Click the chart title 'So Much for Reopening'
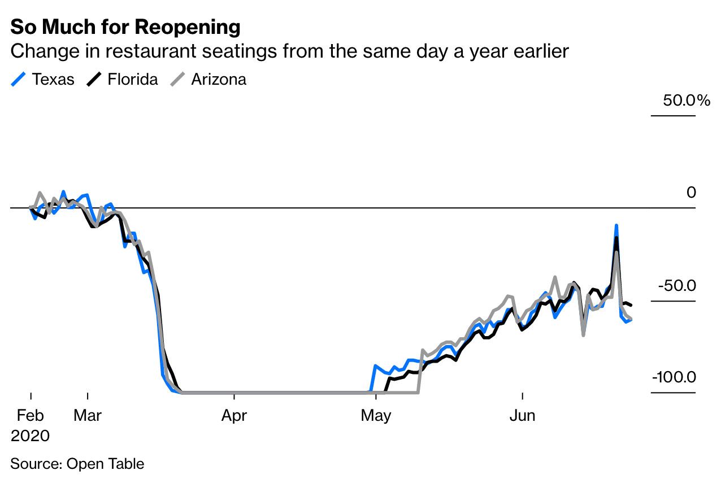click(125, 27)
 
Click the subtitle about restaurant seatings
click(289, 51)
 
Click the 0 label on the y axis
click(691, 193)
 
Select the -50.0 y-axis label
click(676, 286)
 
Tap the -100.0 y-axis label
click(674, 377)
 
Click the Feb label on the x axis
click(31, 416)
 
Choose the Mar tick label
click(88, 416)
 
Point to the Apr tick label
click(234, 416)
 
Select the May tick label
click(376, 416)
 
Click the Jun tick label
click(523, 416)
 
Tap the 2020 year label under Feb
click(31, 436)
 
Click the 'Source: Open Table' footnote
click(77, 464)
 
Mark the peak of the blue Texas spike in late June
click(616, 225)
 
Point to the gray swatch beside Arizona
click(177, 80)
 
